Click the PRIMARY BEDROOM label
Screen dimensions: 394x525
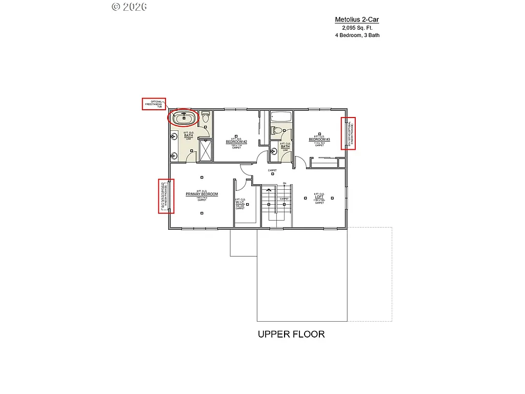(201, 194)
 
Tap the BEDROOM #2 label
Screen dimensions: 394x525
(236, 141)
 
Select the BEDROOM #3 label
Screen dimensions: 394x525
(319, 139)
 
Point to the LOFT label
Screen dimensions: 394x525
(319, 196)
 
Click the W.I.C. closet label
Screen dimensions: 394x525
(240, 202)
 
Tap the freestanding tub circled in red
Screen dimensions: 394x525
(182, 119)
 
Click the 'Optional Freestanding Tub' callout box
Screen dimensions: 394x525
(153, 104)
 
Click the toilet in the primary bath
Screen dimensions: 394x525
(205, 117)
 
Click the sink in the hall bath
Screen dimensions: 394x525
(273, 151)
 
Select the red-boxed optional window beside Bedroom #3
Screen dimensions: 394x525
(349, 133)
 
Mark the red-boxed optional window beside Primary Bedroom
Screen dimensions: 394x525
(166, 196)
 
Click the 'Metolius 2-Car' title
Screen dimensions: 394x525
(357, 20)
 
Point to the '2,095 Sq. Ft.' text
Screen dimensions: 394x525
(357, 28)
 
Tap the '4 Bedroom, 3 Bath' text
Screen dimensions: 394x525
(357, 36)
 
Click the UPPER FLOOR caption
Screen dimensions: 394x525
(291, 334)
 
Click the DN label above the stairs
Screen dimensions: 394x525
(284, 183)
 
